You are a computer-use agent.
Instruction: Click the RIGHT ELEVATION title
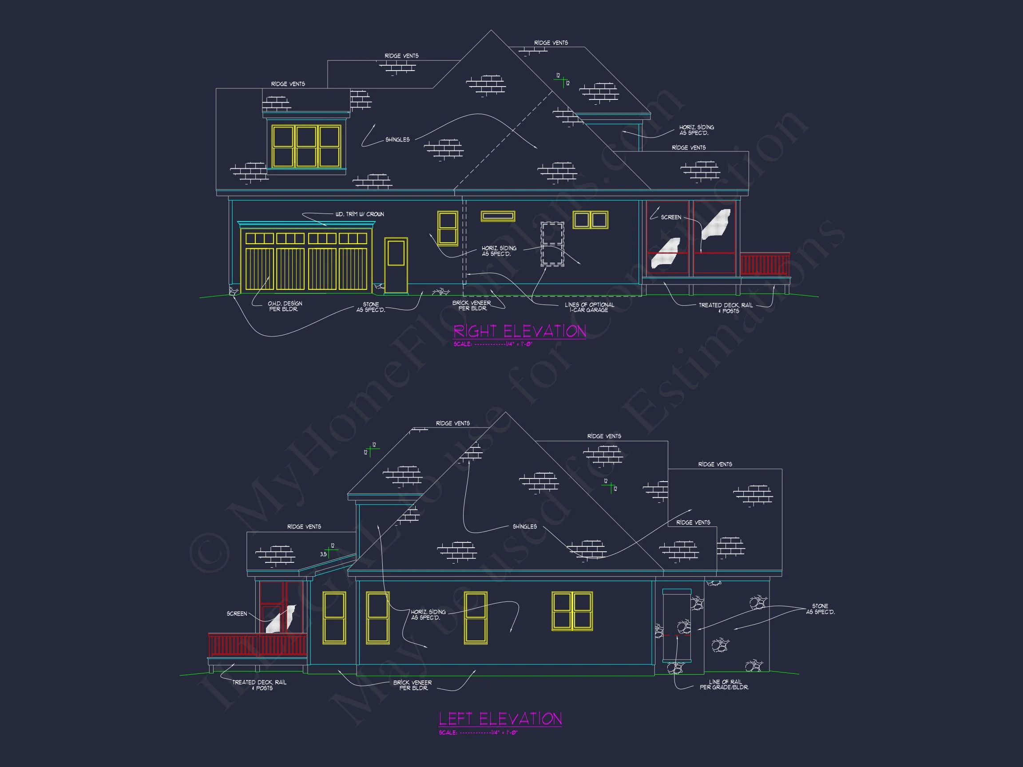click(519, 331)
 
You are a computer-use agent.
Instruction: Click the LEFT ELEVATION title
click(500, 719)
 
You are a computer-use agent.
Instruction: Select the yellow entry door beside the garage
click(396, 265)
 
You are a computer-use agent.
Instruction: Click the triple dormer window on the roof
click(306, 146)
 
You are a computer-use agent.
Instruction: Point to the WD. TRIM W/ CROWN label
click(359, 214)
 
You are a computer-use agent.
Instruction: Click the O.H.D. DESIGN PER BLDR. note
click(285, 306)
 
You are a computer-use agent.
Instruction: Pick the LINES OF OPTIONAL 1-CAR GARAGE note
click(589, 308)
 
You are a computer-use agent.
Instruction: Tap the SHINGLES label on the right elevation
click(397, 140)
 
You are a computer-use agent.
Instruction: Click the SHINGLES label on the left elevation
click(524, 526)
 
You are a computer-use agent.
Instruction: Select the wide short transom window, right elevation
click(498, 216)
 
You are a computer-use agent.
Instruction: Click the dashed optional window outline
click(552, 244)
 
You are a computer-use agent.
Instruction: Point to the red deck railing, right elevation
click(765, 265)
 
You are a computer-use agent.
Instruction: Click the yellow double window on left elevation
click(572, 611)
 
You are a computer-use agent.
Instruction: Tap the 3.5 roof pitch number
click(323, 554)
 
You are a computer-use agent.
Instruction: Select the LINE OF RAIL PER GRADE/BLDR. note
click(724, 685)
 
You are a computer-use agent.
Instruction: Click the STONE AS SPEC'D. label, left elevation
click(820, 609)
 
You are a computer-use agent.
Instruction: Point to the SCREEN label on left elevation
click(236, 613)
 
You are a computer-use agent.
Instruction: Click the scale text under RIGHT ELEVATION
click(492, 344)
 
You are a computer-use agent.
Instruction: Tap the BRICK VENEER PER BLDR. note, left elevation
click(412, 685)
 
